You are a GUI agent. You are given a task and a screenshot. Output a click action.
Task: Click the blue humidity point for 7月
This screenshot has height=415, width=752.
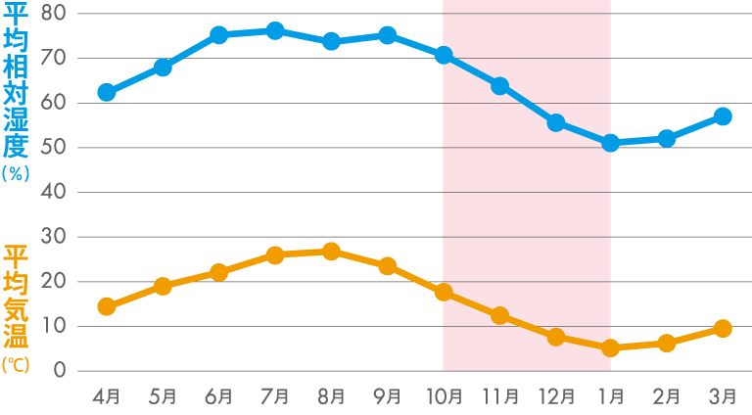pos(275,31)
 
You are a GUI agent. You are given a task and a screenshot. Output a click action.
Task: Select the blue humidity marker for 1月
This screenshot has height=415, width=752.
pos(611,143)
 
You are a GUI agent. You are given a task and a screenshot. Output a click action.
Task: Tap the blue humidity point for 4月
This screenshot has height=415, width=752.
pos(107,93)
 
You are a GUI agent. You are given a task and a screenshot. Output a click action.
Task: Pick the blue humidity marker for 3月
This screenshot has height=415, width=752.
pos(723,116)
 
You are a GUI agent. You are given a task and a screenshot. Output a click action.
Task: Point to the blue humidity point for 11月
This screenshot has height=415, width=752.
pos(499,86)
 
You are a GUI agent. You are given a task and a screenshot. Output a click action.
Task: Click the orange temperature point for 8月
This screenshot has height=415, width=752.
pos(331,252)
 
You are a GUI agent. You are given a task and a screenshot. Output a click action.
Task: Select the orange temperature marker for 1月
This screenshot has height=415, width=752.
pos(611,347)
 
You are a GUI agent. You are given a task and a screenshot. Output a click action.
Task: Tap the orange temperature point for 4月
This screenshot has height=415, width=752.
pos(107,306)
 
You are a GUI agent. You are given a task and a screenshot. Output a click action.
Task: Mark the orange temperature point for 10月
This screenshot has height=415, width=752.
pos(444,293)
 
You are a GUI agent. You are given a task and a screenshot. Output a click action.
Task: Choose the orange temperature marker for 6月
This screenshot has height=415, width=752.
pos(219,272)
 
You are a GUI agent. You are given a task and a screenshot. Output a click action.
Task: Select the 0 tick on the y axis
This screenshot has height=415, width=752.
pos(60,371)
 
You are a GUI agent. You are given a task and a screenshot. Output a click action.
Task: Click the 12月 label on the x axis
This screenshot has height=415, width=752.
pos(555,396)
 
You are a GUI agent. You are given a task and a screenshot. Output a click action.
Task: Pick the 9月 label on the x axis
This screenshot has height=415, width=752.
pos(388,396)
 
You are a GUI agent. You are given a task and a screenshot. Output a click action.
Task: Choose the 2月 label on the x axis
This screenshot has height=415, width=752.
pos(667,396)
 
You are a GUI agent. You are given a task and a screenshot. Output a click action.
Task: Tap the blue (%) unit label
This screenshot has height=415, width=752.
pos(17,172)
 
